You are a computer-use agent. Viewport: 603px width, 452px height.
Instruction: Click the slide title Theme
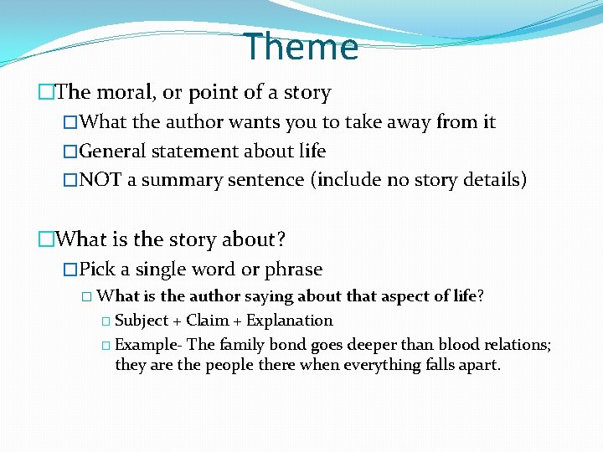301,47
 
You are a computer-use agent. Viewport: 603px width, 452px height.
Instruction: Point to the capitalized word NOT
101,180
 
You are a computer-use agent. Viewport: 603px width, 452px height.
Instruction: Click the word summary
177,180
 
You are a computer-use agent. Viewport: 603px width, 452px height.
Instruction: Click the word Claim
209,321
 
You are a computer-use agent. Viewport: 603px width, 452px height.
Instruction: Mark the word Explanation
289,321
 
